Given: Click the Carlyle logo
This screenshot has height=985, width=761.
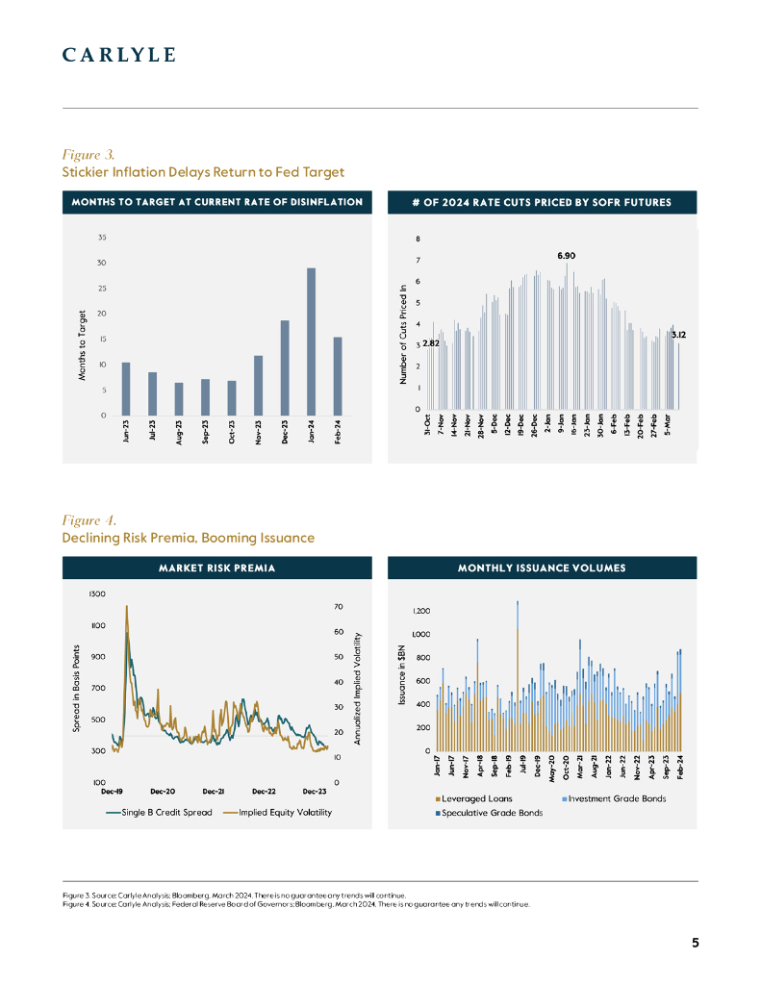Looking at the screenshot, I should click(x=118, y=55).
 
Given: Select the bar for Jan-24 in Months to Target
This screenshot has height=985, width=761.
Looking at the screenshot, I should click(x=311, y=341).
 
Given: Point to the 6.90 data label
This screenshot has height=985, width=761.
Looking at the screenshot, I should click(x=567, y=256).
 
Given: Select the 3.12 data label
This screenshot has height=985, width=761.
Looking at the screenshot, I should click(x=677, y=335).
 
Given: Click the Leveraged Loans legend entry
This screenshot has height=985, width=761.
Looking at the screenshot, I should click(x=475, y=798).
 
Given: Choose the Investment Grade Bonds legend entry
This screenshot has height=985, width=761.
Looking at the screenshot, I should click(x=617, y=798).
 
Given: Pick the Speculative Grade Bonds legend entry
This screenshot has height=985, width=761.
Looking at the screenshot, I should click(x=491, y=813).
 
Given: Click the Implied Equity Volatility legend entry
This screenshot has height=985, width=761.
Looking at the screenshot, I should click(x=284, y=813).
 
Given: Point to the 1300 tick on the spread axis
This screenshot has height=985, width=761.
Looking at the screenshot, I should click(x=98, y=594).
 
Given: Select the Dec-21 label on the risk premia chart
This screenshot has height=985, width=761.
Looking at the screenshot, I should click(x=214, y=791).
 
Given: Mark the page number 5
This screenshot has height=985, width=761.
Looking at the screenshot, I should click(x=696, y=943).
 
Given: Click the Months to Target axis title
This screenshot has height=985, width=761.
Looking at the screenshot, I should click(x=84, y=343).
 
